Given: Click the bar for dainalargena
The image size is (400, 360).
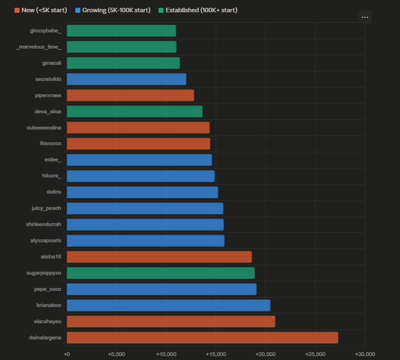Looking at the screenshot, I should tap(202, 337).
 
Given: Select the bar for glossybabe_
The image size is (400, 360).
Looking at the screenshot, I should tap(121, 31).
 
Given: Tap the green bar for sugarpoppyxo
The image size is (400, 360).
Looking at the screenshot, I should tap(161, 273).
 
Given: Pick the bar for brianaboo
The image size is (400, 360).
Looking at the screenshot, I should tap(168, 305).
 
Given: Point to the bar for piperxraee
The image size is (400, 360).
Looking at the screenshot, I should tap(130, 95).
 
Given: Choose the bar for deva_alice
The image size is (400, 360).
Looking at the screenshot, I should tap(134, 111).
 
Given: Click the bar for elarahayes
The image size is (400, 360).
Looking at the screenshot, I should tap(171, 321).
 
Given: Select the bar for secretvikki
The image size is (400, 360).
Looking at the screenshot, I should tap(126, 79).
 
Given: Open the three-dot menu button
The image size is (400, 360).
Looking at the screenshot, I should tap(365, 17).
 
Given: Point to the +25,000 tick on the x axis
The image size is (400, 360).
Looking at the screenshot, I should tap(315, 354).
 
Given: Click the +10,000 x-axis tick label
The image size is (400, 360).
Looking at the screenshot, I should tap(166, 354).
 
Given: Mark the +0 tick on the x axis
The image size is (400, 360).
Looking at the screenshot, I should tap(67, 354).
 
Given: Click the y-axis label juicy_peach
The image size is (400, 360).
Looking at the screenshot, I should tap(46, 208).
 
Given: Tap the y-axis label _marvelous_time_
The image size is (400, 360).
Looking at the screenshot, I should tap(39, 47).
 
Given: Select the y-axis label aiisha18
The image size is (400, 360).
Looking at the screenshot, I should tap(51, 256).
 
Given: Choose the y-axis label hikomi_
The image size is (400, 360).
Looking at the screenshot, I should tap(52, 176).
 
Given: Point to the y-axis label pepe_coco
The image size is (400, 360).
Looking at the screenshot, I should tap(48, 289).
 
